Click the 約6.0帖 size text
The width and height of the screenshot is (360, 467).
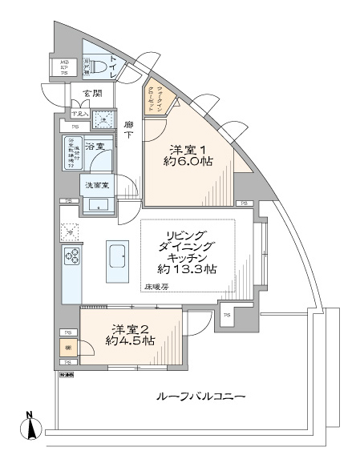pyautogui.click(x=188, y=160)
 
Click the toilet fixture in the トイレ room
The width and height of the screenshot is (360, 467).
pyautogui.click(x=94, y=68)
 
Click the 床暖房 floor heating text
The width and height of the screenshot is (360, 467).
pyautogui.click(x=156, y=286)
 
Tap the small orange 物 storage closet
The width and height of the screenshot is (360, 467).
pyautogui.click(x=67, y=348)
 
